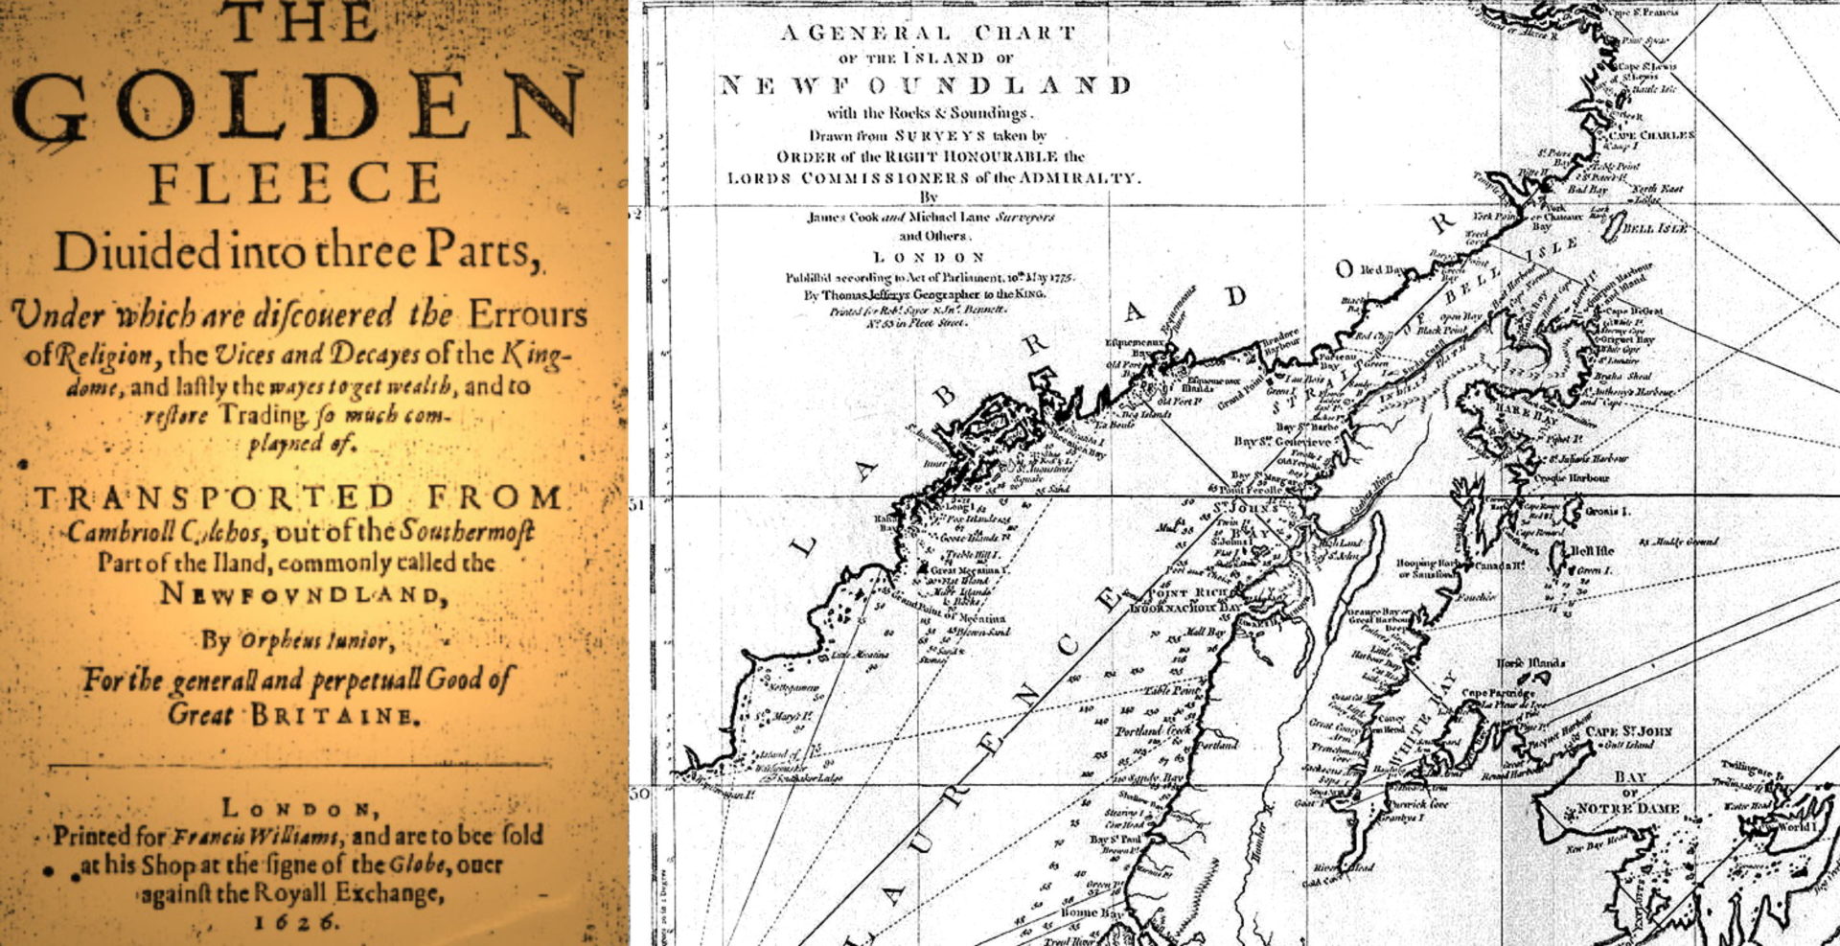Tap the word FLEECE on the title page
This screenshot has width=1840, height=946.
[x=295, y=183]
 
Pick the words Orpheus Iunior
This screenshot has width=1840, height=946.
[x=312, y=639]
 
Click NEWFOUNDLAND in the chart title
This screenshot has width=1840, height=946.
[x=925, y=84]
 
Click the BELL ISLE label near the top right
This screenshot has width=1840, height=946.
[x=1656, y=229]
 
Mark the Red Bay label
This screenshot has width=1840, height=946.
[x=1384, y=270]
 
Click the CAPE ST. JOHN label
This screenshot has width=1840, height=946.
[x=1629, y=731]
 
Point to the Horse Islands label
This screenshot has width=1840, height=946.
[x=1530, y=663]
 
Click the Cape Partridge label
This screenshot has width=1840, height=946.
[x=1498, y=692]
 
